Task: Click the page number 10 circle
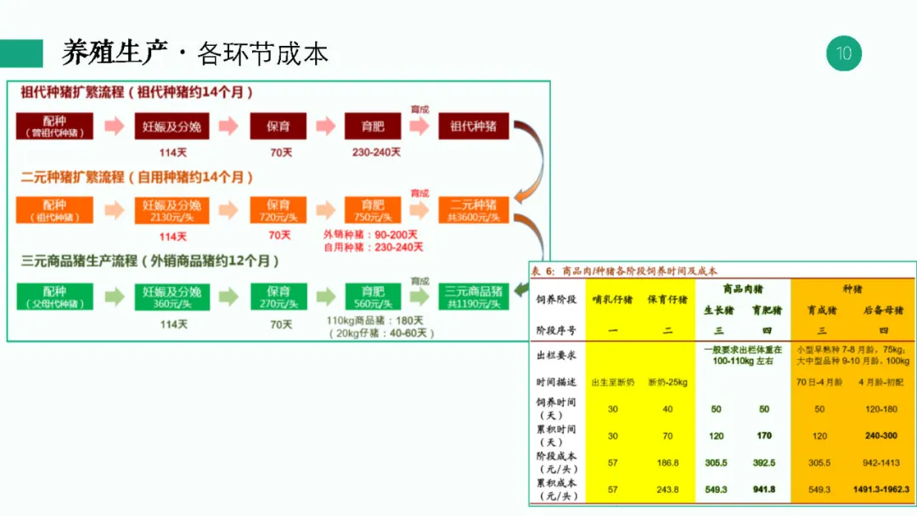pyautogui.click(x=843, y=53)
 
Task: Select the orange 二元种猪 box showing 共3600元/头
pyautogui.click(x=474, y=210)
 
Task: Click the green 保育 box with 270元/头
pyautogui.click(x=278, y=296)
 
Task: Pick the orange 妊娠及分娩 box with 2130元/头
pyautogui.click(x=172, y=210)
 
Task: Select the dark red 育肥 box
pyautogui.click(x=373, y=126)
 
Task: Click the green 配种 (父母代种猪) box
pyautogui.click(x=54, y=296)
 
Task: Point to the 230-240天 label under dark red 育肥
pyautogui.click(x=375, y=153)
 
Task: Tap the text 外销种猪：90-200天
pyautogui.click(x=370, y=234)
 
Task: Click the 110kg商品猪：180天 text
pyautogui.click(x=374, y=321)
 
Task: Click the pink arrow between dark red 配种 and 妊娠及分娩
pyautogui.click(x=114, y=126)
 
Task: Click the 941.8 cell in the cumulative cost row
pyautogui.click(x=764, y=490)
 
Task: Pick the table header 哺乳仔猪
pyautogui.click(x=612, y=299)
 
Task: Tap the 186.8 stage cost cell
pyautogui.click(x=668, y=463)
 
